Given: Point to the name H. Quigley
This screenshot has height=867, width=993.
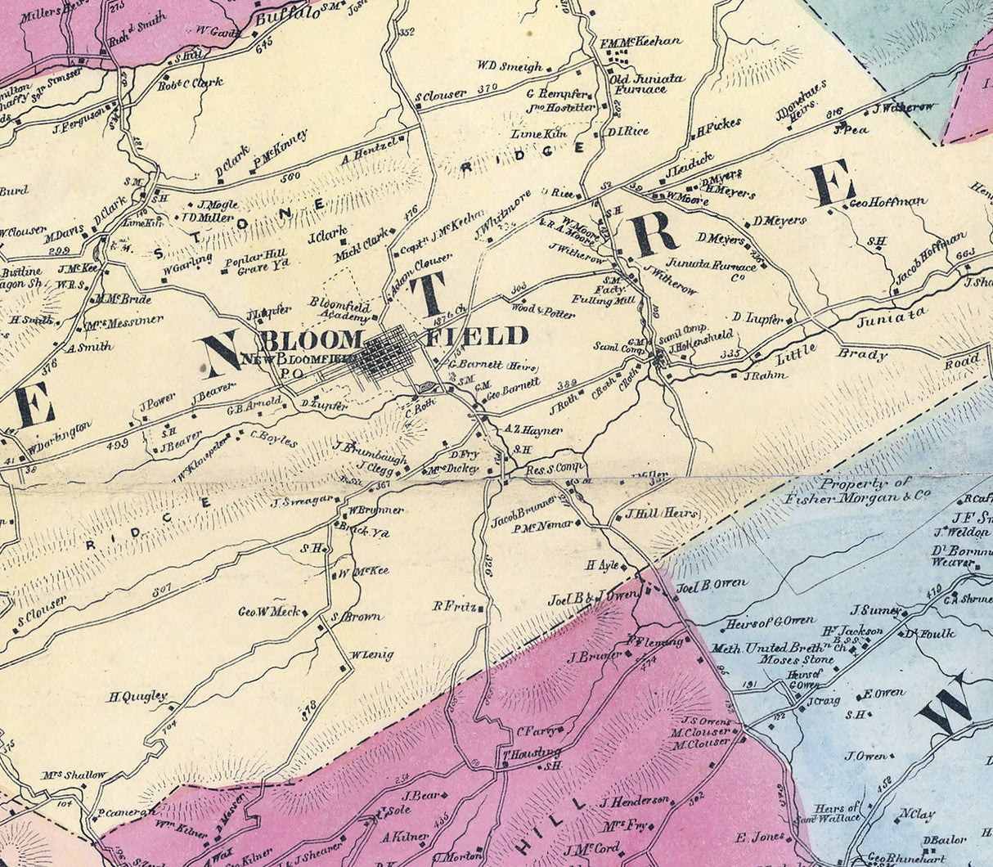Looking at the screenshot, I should (137, 697).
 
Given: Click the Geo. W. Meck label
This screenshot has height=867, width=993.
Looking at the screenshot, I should (269, 611).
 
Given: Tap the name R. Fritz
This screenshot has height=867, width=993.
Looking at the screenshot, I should (455, 606).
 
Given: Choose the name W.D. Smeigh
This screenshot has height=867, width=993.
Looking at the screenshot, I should (510, 66).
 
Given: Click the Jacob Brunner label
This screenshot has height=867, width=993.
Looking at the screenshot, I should (523, 510).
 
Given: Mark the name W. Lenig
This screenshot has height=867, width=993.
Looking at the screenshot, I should (372, 654).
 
